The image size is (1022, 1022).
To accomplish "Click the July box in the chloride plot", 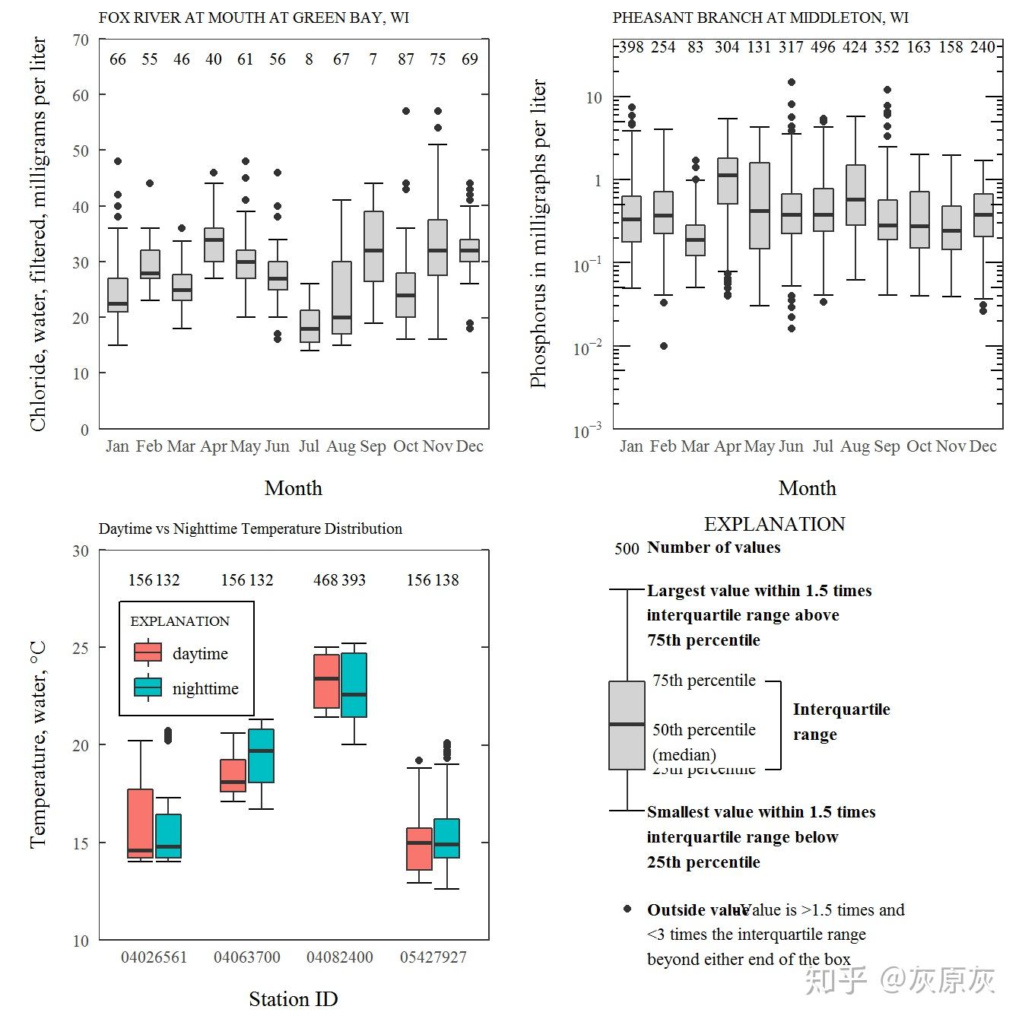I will pyautogui.click(x=309, y=326).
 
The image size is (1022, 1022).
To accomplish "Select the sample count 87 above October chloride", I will pyautogui.click(x=405, y=59).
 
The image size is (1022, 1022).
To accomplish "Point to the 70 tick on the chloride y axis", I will pyautogui.click(x=81, y=40).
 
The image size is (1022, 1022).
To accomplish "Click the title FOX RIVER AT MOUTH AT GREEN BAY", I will pyautogui.click(x=253, y=17).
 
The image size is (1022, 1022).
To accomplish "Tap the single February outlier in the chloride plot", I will pyautogui.click(x=150, y=183).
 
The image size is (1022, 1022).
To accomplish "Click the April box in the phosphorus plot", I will pyautogui.click(x=728, y=181).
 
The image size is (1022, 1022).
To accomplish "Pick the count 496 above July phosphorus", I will pyautogui.click(x=823, y=47).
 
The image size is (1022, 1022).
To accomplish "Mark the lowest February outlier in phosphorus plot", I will pyautogui.click(x=664, y=346).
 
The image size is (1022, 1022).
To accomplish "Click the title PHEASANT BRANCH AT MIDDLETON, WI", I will pyautogui.click(x=760, y=17).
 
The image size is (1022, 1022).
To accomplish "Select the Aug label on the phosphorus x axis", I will pyautogui.click(x=855, y=446).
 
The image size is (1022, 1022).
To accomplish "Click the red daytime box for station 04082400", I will pyautogui.click(x=327, y=681).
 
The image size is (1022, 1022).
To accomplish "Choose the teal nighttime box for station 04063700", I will pyautogui.click(x=261, y=756).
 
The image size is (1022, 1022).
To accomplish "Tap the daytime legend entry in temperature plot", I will pyautogui.click(x=181, y=653).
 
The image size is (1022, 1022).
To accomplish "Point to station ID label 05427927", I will pyautogui.click(x=433, y=957).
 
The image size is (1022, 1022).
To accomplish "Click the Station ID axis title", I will pyautogui.click(x=294, y=998).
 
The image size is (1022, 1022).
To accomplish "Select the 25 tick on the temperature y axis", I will pyautogui.click(x=81, y=648).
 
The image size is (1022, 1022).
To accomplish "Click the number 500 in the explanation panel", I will pyautogui.click(x=627, y=549).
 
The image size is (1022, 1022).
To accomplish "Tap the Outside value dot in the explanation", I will pyautogui.click(x=627, y=909).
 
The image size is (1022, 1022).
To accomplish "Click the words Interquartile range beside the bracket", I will pyautogui.click(x=841, y=722).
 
